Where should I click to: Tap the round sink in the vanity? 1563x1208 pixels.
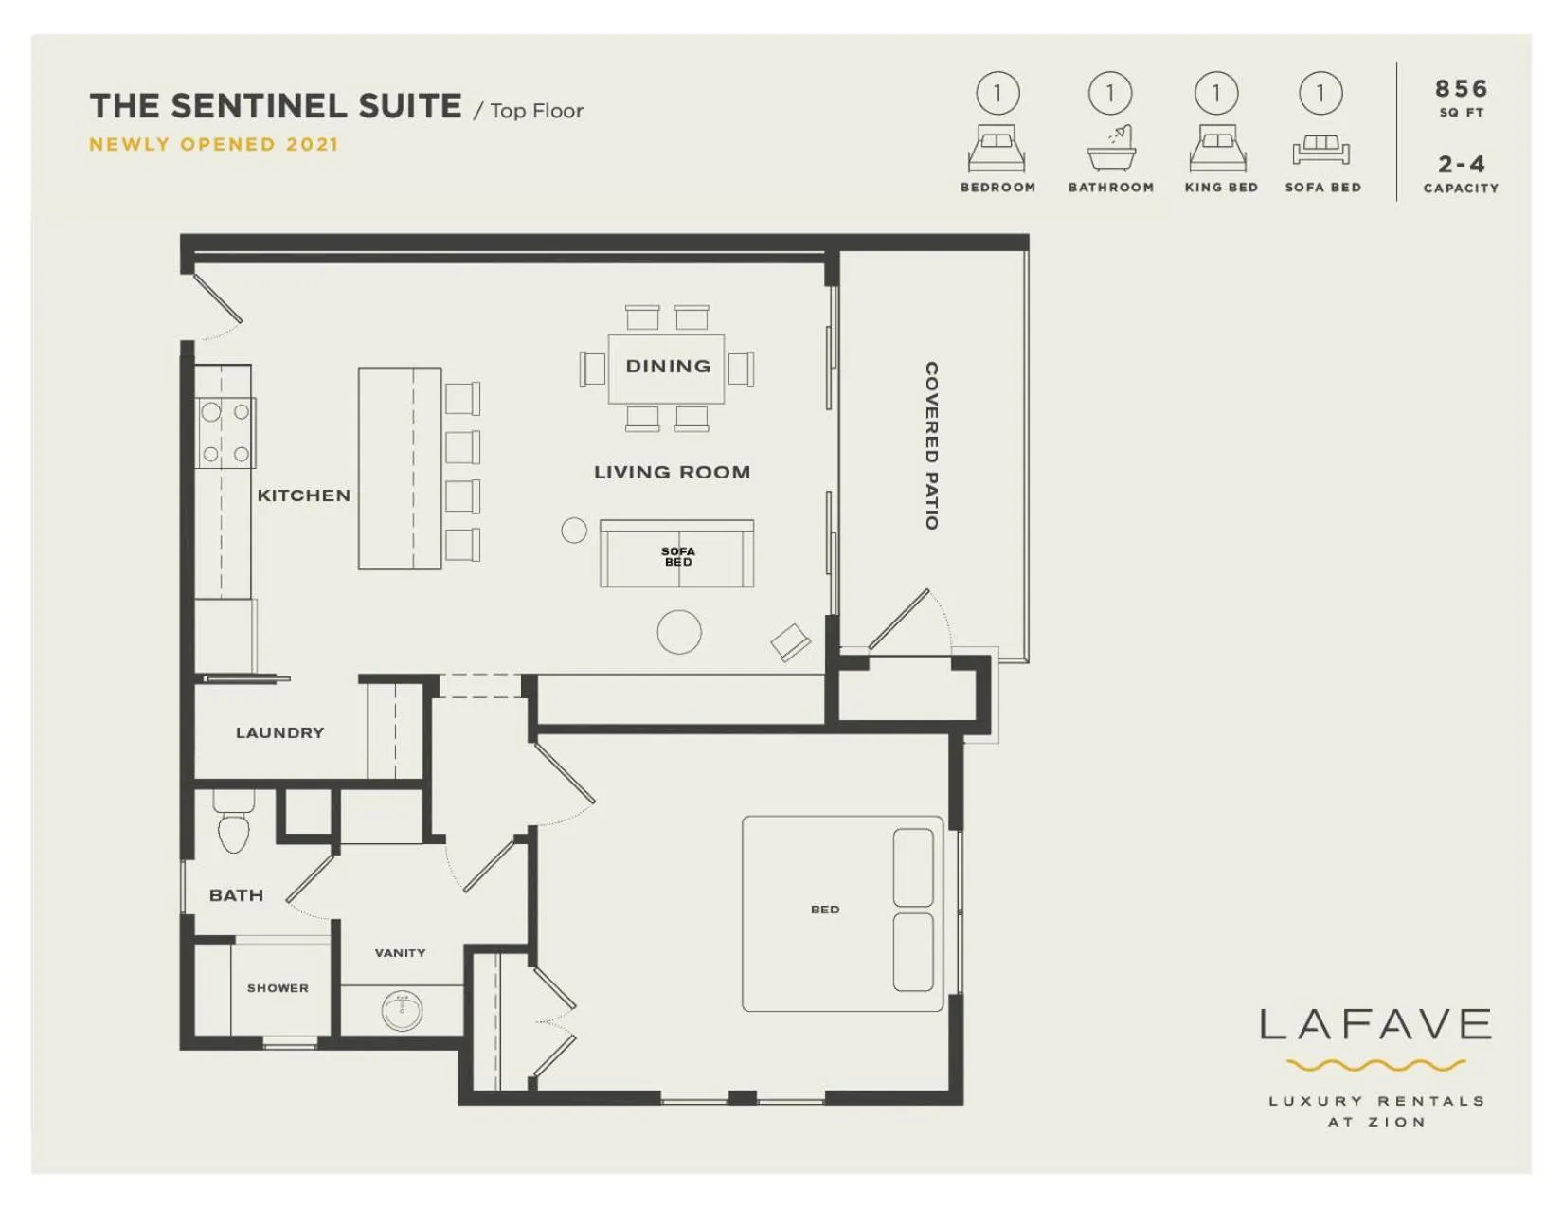[402, 1011]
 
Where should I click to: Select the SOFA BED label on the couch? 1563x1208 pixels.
[677, 556]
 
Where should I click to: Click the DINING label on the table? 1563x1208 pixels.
[668, 367]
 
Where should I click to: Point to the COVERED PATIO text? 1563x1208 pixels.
[931, 445]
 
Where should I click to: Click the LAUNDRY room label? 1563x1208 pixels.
[279, 732]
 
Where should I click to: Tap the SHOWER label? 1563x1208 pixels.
[278, 988]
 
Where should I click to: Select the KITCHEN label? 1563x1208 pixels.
[304, 496]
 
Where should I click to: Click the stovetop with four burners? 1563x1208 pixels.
[225, 433]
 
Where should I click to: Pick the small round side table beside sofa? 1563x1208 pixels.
[574, 531]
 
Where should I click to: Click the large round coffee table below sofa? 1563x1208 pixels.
[679, 632]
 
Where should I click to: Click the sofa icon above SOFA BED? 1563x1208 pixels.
[1320, 149]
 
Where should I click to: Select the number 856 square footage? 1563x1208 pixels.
[1461, 89]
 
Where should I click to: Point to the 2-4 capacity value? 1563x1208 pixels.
[1461, 165]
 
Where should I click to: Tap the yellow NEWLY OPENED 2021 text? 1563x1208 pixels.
[213, 145]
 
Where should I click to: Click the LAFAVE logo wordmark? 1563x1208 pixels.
[1375, 1025]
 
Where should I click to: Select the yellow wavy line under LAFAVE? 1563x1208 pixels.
[1375, 1066]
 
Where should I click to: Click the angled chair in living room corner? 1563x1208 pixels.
[791, 642]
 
